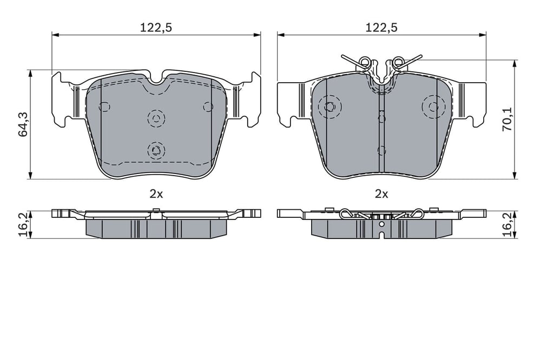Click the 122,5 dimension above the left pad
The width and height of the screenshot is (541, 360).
pyautogui.click(x=156, y=28)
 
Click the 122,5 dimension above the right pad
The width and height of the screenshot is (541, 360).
pyautogui.click(x=381, y=28)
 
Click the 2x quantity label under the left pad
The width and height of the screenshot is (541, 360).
pyautogui.click(x=156, y=194)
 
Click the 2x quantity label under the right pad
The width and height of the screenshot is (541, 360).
pyautogui.click(x=381, y=194)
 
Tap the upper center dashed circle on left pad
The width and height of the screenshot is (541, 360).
pyautogui.click(x=156, y=118)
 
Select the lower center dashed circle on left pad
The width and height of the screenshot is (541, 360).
pyautogui.click(x=156, y=150)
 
